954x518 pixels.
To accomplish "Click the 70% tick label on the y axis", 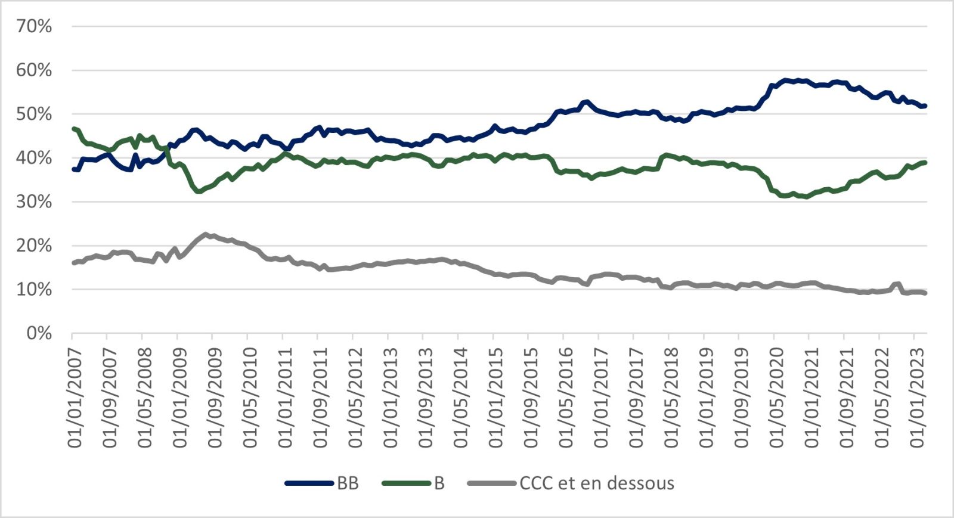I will (34, 26).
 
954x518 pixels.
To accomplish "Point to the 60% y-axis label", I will (34, 70).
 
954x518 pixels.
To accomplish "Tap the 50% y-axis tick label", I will (34, 114).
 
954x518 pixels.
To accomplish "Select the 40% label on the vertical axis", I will (34, 158).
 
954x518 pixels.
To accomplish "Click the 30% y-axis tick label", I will (34, 201).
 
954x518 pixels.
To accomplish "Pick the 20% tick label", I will (34, 246).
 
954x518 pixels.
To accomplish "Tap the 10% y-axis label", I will (34, 289).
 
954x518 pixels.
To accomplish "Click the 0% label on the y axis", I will (39, 333).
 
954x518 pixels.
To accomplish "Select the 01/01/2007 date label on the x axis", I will (75, 398).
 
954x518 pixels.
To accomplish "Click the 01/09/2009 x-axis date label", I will (215, 398).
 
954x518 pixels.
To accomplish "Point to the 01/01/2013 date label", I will (391, 398).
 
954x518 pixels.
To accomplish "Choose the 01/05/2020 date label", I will (777, 398).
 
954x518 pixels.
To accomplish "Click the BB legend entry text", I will (348, 483).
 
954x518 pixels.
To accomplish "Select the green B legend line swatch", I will (405, 483).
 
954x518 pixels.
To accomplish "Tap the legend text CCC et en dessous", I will (597, 483).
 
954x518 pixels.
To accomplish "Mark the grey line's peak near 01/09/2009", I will (206, 234).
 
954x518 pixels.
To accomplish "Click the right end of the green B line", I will (925, 162).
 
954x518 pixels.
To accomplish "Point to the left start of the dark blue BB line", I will (73, 169).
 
